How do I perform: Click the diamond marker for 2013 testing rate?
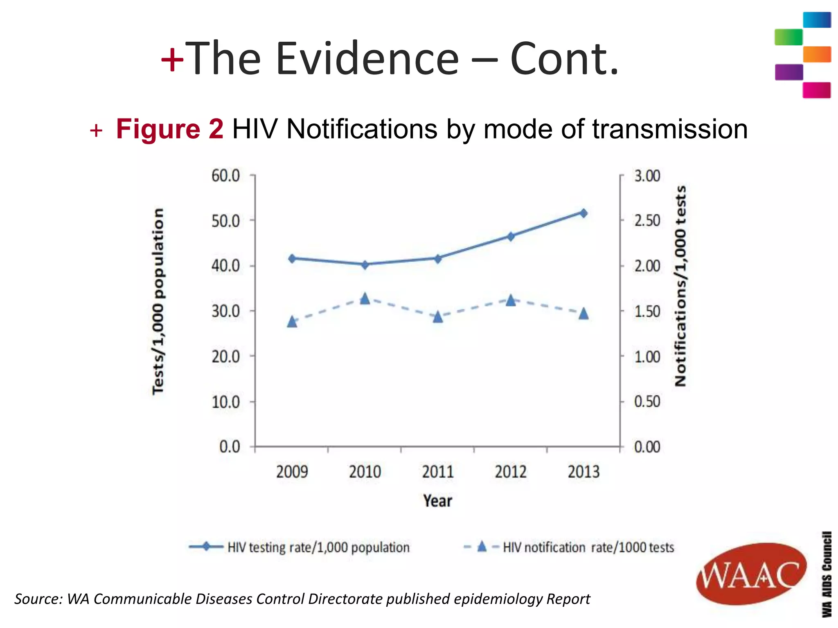583,213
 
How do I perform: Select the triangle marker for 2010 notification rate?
365,299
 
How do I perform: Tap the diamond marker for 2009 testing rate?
292,258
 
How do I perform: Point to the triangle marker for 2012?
511,301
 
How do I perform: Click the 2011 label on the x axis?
438,472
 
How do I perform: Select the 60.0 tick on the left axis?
225,176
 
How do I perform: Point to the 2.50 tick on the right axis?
647,221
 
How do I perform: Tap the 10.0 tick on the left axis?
225,402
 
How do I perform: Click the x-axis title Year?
437,501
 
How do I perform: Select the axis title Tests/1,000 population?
158,301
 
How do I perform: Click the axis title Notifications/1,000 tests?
680,286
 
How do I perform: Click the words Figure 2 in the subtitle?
169,129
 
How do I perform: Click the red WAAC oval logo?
751,574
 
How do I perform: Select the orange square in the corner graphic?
817,54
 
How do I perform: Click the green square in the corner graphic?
788,37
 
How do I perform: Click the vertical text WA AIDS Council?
827,574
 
